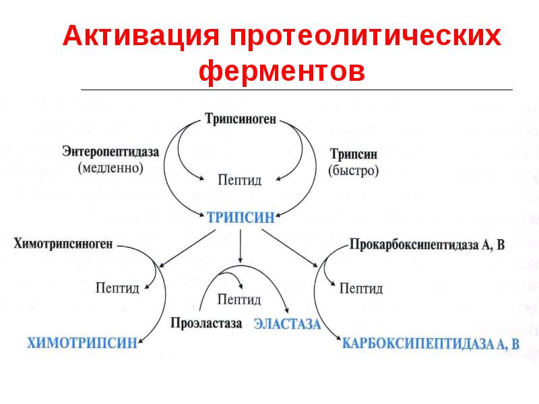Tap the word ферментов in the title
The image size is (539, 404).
[282, 71]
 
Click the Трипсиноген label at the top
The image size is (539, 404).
[241, 119]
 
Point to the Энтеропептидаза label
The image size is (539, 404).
[110, 152]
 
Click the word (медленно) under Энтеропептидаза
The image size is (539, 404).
[110, 168]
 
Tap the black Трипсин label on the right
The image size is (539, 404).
[353, 154]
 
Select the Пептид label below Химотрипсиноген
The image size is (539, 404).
[117, 288]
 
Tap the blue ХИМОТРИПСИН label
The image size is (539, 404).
[82, 343]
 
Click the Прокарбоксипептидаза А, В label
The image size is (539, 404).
[427, 244]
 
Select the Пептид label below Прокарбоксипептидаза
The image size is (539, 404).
[360, 289]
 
